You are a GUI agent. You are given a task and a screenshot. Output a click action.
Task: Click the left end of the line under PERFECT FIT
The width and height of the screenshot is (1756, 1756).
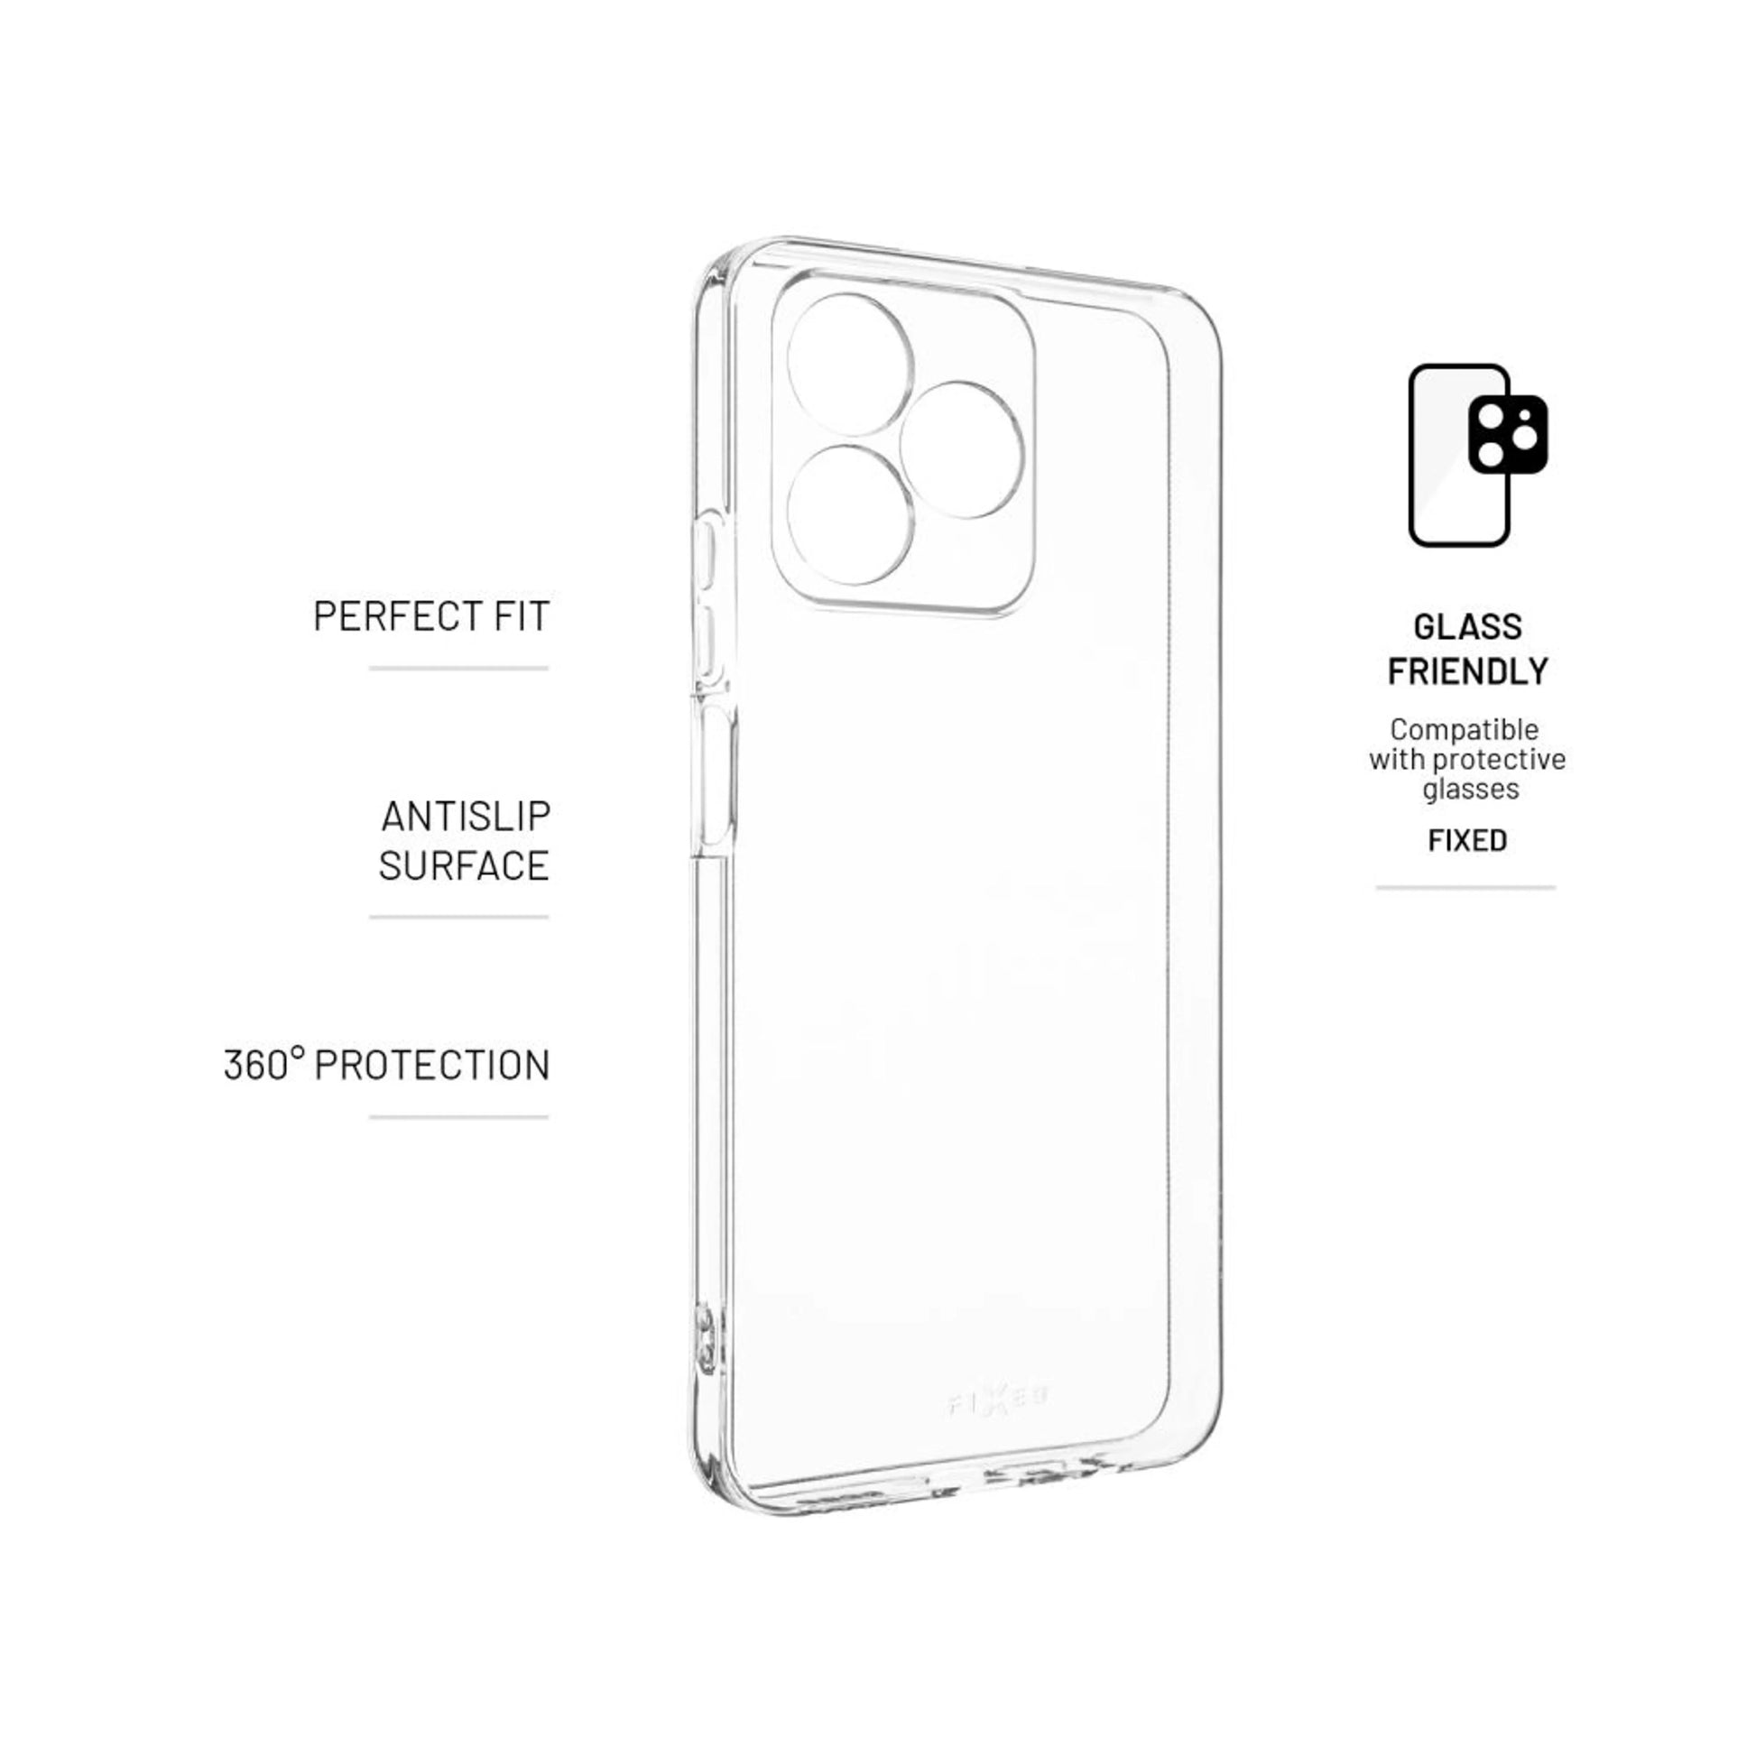click(370, 668)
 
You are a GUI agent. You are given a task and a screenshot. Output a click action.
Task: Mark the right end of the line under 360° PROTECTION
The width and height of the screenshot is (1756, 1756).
click(548, 1116)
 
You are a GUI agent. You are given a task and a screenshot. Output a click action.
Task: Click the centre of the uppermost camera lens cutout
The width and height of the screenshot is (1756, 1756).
click(849, 365)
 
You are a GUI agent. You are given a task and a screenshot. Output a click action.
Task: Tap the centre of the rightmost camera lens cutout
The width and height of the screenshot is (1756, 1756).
click(961, 450)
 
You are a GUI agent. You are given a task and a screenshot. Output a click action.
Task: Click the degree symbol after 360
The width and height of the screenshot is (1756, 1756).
click(297, 1054)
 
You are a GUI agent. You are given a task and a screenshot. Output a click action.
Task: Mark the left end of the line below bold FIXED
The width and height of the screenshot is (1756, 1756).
click(1376, 887)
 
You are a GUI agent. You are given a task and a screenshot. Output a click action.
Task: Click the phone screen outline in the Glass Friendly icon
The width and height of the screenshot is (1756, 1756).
click(1459, 456)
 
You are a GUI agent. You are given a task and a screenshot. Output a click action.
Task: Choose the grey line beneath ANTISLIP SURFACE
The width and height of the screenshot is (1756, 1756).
click(459, 917)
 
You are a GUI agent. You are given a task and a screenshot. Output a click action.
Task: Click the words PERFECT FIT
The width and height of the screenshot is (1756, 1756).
click(431, 616)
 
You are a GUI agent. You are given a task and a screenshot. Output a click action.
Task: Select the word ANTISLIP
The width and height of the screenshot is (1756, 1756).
click(466, 817)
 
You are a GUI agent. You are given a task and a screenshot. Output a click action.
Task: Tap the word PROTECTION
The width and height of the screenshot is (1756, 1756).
click(431, 1065)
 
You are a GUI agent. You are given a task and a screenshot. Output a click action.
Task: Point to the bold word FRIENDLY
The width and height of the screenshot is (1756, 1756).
click(1468, 671)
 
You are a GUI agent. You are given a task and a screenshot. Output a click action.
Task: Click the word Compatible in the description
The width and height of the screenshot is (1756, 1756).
click(1465, 729)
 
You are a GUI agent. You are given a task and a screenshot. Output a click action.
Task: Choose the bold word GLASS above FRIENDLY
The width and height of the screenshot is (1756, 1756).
click(1468, 627)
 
